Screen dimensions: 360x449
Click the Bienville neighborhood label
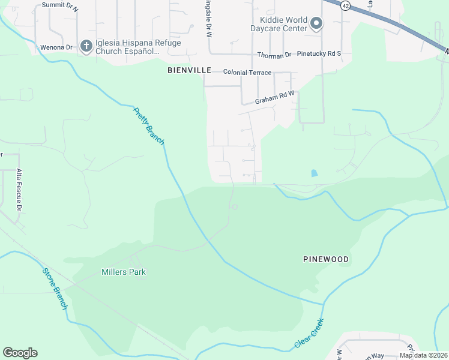[189, 70]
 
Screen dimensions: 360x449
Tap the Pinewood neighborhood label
[326, 259]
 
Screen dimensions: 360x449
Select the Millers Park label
[124, 272]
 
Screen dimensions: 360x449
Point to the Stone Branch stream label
[54, 289]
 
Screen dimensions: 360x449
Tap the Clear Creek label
[309, 334]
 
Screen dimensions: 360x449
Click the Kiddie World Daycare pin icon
[317, 24]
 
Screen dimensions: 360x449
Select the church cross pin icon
[86, 46]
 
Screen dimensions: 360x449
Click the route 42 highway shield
[344, 5]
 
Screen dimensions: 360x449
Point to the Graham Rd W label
[275, 97]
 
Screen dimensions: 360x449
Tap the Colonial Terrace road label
[247, 73]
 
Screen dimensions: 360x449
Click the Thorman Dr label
[274, 55]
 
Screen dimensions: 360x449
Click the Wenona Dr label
[56, 47]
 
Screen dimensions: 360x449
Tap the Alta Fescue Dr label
[19, 190]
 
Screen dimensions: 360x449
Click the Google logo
[20, 353]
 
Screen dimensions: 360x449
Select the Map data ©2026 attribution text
[423, 355]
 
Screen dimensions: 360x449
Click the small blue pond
[315, 173]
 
